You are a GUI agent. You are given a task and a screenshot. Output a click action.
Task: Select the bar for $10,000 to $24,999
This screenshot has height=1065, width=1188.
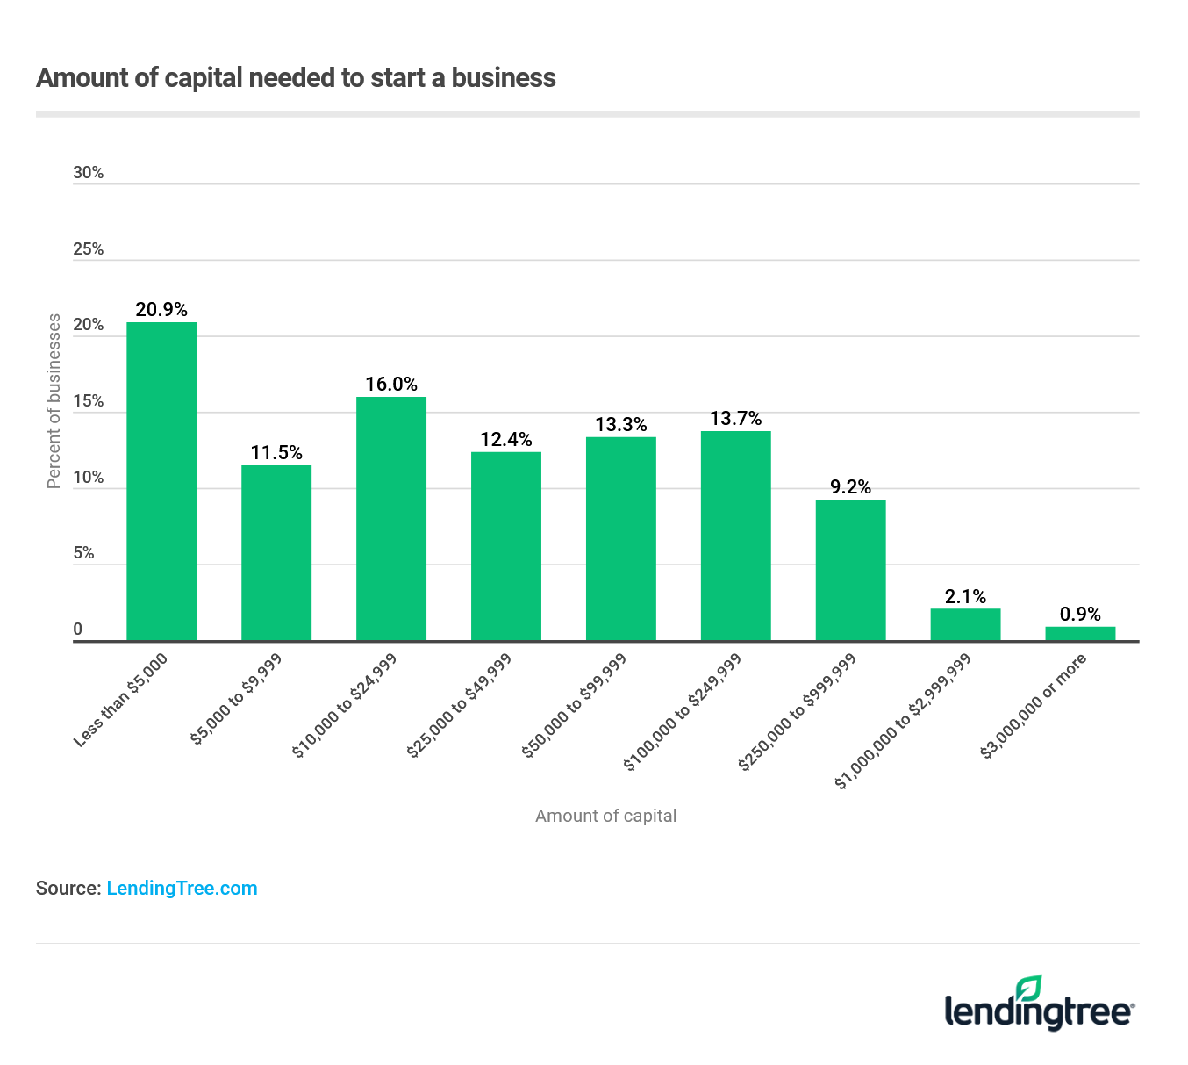coord(390,519)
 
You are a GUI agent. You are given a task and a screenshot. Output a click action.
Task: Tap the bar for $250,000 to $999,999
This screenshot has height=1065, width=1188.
coord(850,570)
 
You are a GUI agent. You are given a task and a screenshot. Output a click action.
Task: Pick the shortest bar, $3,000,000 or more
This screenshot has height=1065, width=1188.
coord(1080,633)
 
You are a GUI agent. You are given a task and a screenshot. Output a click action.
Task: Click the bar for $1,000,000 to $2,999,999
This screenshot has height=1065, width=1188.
coord(965,624)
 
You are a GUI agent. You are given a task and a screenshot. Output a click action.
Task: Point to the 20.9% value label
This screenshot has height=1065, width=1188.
coord(161,309)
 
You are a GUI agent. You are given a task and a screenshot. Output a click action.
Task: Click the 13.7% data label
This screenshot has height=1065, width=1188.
coord(735,418)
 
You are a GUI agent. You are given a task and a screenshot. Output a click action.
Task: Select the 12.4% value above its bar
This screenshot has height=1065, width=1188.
coord(505,439)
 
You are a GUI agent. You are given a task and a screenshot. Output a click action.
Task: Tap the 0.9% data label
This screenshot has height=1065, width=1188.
coord(1080,614)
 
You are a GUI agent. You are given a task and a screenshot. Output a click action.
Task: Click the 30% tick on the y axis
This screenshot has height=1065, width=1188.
coord(89,173)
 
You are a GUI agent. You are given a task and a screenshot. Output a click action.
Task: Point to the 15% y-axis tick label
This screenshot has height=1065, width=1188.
coord(89,401)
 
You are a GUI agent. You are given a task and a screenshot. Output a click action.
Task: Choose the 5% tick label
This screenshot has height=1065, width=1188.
coord(84,553)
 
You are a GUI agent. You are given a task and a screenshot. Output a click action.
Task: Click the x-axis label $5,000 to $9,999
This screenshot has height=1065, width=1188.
coord(236,700)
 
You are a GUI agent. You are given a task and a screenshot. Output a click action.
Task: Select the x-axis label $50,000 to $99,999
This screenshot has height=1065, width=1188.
coord(575,705)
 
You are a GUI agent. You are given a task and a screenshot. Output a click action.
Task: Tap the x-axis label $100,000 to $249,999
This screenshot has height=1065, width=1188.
coord(683,712)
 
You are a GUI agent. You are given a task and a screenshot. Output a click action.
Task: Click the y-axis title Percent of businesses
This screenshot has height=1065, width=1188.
coord(54,401)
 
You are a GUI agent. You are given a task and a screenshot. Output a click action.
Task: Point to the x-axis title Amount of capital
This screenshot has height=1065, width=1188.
coord(605,816)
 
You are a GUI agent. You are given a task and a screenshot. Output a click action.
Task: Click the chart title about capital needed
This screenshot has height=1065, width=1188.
coord(296,78)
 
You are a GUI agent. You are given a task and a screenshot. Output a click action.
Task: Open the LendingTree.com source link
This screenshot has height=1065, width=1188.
coord(182,888)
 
